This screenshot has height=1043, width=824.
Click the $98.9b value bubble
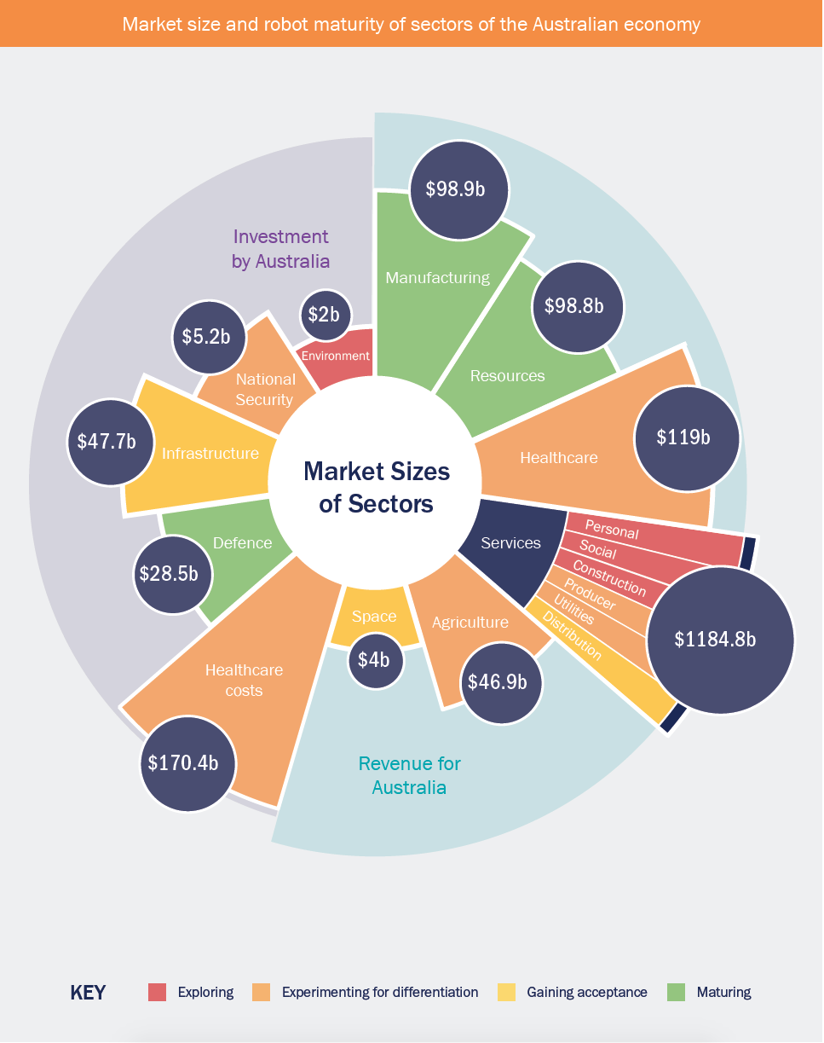459,189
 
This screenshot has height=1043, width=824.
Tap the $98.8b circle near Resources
579,306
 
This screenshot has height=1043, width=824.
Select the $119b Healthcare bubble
683,437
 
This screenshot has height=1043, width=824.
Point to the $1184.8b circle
720,639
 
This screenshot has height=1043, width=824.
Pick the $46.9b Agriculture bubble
503,682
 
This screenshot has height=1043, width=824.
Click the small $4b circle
375,658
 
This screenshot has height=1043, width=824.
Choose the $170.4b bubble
188,762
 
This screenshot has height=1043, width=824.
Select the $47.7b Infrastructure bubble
107,441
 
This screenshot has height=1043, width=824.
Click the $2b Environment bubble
324,315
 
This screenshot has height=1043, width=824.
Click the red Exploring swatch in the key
157,992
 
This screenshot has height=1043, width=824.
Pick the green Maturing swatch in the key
676,992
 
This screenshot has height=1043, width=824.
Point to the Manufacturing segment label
437,277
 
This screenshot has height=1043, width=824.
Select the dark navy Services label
510,542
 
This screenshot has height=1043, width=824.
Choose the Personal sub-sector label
611,530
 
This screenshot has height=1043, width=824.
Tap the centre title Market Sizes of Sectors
376,487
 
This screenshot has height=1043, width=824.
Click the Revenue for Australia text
409,774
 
